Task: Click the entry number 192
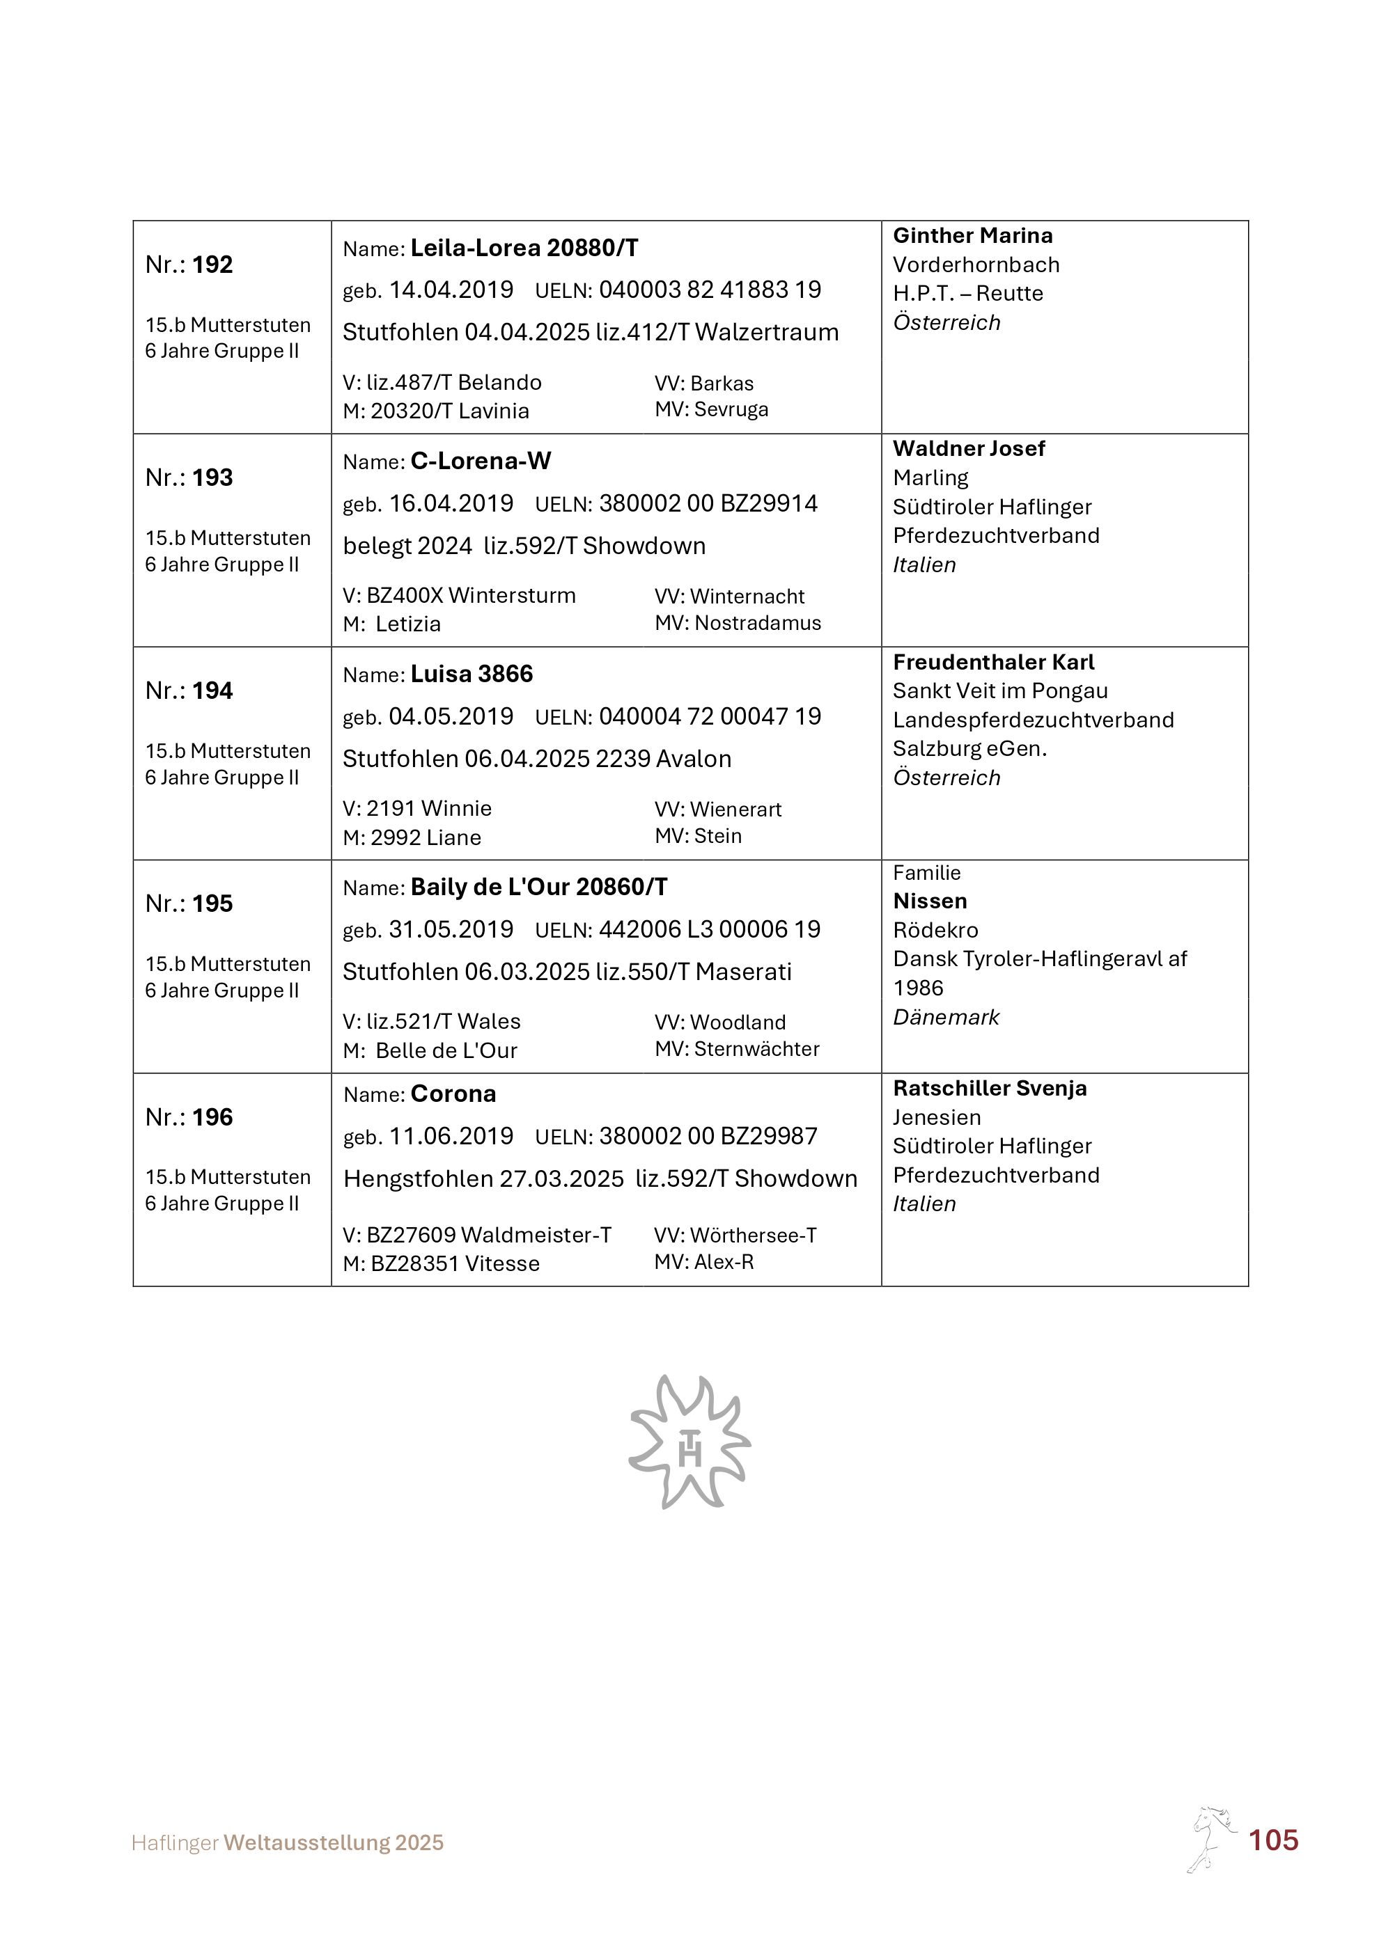click(212, 265)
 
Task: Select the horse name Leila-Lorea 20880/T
click(524, 248)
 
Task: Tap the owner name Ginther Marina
click(972, 236)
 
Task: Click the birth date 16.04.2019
click(451, 503)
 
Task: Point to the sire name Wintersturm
click(512, 596)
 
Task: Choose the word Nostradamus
click(758, 623)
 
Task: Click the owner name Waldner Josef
click(969, 449)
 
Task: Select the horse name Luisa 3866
click(472, 674)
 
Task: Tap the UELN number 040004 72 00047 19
click(710, 716)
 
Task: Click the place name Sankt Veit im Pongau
click(999, 691)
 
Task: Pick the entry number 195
click(212, 904)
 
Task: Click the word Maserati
click(743, 972)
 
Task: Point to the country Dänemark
click(946, 1017)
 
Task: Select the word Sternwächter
click(756, 1049)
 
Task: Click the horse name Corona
click(453, 1094)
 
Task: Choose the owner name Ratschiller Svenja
click(989, 1088)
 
